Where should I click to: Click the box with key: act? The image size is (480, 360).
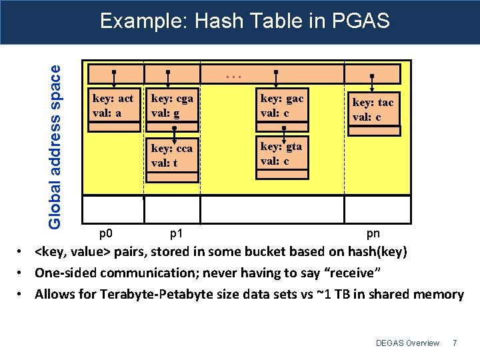coord(113,105)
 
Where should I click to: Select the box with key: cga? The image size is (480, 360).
coord(172,105)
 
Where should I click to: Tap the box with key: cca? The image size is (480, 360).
coord(172,155)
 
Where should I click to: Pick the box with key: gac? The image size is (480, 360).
coord(283,105)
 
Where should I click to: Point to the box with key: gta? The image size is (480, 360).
coord(283,153)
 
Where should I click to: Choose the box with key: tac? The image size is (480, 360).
coord(373,109)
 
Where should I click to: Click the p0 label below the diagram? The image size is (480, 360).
coord(105,233)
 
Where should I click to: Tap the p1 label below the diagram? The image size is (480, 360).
coord(177,233)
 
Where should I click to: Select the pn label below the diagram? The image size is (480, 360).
coord(373,233)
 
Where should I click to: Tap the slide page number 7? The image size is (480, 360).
coord(455,343)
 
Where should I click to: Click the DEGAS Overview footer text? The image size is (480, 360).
coord(407,343)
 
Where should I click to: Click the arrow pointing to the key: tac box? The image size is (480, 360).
coord(371,83)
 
